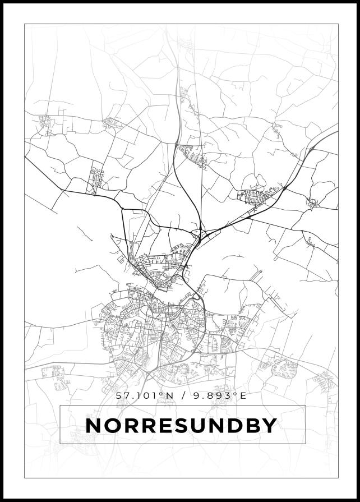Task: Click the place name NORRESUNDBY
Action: pos(181,425)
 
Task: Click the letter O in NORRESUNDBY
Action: pos(112,425)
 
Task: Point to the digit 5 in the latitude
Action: pos(118,395)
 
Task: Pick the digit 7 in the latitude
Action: pos(126,395)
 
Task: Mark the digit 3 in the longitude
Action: pos(228,395)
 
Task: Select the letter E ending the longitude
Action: pos(242,395)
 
